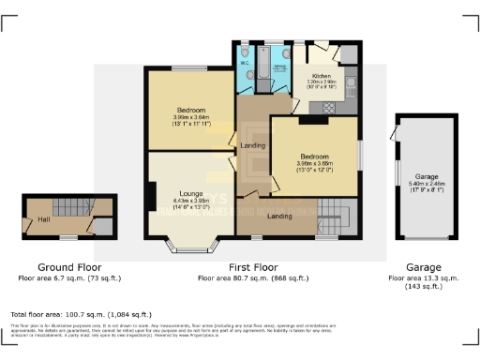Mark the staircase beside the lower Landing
pyautogui.click(x=334, y=216)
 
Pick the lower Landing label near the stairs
pyautogui.click(x=278, y=217)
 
